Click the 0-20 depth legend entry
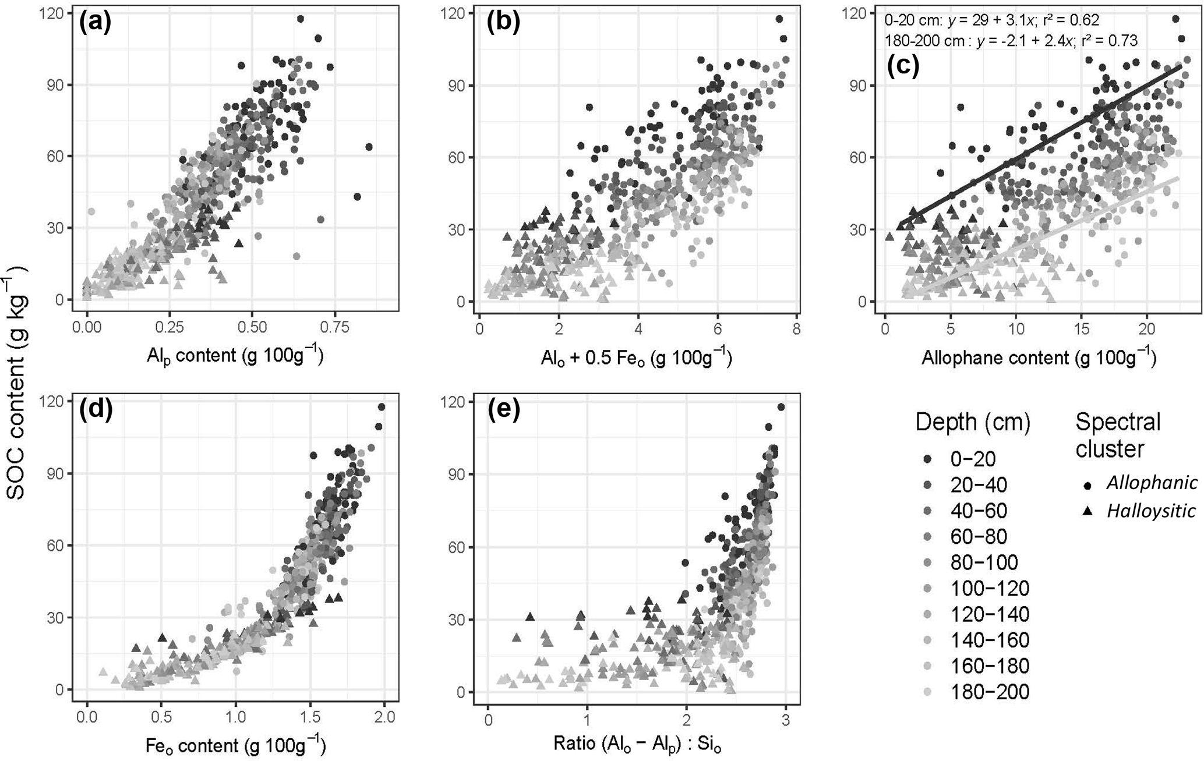point(973,459)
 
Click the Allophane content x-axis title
point(1039,358)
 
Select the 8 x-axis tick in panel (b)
point(797,330)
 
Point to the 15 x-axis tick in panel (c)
point(1081,330)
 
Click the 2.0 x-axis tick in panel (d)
point(384,717)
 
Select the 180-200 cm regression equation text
point(1011,40)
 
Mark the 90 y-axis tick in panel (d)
point(60,473)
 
